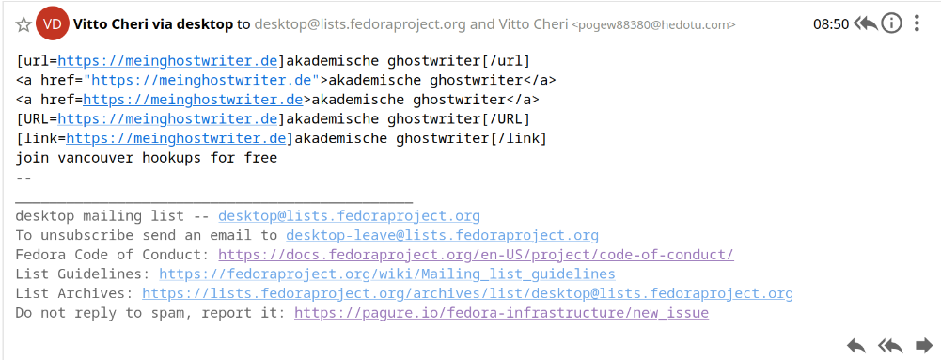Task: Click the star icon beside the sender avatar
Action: (24, 24)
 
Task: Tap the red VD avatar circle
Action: (53, 24)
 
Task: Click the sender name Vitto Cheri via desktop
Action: (153, 24)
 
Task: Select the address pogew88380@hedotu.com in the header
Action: (653, 25)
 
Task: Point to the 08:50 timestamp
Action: (831, 24)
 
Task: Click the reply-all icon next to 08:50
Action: (866, 24)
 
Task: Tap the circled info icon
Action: (892, 24)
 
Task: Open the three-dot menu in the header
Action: (917, 24)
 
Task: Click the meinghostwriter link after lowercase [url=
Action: (167, 61)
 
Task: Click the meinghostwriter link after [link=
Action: (176, 138)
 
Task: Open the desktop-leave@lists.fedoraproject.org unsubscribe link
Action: (442, 235)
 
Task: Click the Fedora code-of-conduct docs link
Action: (476, 255)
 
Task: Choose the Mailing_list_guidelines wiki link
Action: (387, 274)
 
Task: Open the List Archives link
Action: (467, 294)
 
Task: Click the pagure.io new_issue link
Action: (501, 313)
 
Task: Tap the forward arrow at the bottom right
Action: (924, 346)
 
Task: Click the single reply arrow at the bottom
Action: (856, 346)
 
